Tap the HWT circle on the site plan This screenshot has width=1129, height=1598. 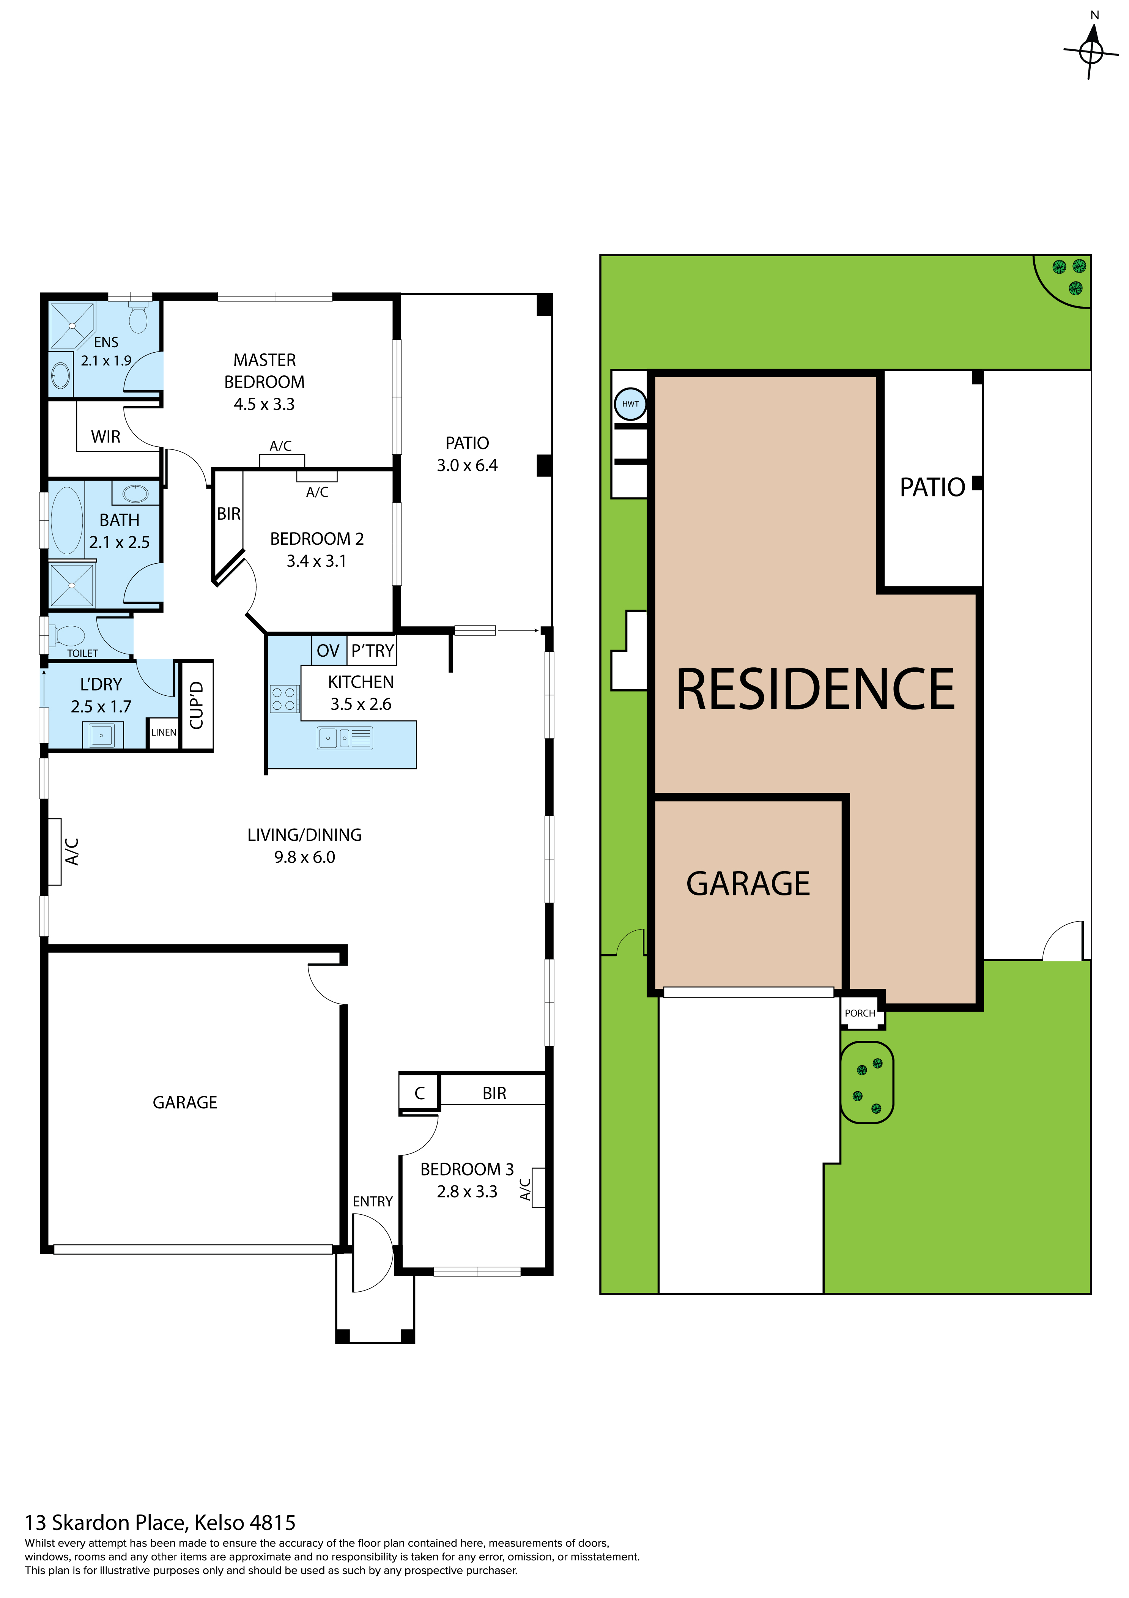click(x=631, y=404)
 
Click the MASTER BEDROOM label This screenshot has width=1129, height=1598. click(x=265, y=371)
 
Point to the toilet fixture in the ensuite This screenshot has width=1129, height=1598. click(x=138, y=317)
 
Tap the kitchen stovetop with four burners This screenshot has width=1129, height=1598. click(x=284, y=699)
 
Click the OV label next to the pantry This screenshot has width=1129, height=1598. click(x=328, y=651)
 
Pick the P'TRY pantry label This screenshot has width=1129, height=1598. click(x=372, y=651)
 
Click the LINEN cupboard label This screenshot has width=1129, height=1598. click(x=164, y=732)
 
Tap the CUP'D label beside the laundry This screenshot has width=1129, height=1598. click(x=197, y=705)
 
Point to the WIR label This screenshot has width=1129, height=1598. click(x=106, y=437)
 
